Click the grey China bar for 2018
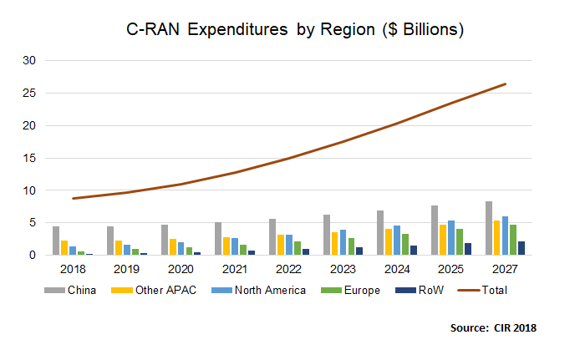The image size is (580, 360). pos(56,241)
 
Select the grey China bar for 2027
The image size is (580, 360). pos(488,228)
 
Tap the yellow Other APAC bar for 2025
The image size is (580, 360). pos(443,240)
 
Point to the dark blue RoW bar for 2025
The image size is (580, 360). pos(469,249)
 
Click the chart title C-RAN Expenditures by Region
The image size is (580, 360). pos(295,28)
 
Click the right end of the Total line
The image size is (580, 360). pos(505,84)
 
